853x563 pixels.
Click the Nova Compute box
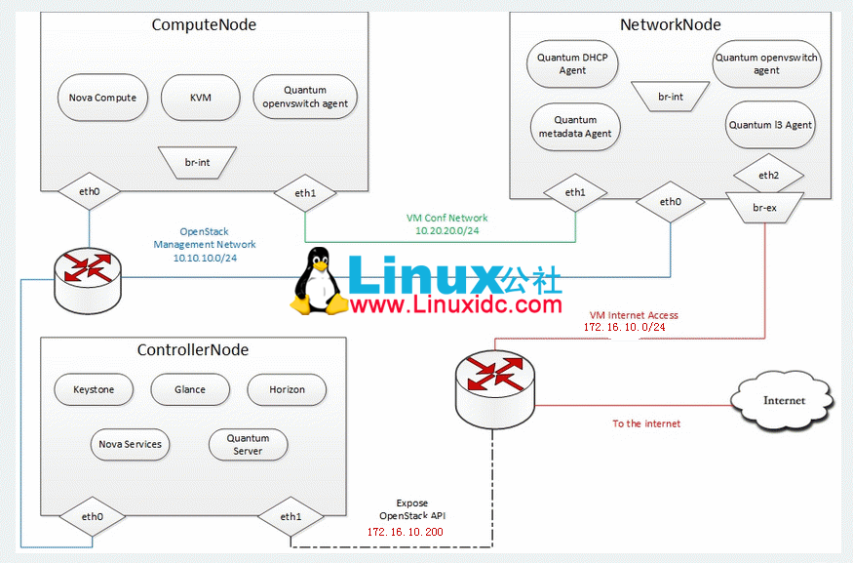pos(102,98)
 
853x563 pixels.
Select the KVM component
pos(200,98)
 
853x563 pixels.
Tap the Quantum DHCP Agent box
pos(572,64)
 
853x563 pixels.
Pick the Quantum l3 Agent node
pos(770,125)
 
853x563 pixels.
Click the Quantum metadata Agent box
pos(575,127)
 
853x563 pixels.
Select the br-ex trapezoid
pos(765,208)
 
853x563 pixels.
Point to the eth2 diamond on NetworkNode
pos(767,176)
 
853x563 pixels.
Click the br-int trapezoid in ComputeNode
pos(197,162)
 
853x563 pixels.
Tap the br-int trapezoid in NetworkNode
pos(671,97)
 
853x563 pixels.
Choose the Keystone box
pos(94,389)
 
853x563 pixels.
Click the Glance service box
pos(190,389)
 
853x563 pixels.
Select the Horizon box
pos(288,389)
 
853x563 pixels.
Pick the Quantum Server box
pos(248,445)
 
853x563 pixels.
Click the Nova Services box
pos(130,444)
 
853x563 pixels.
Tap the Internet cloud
pos(784,400)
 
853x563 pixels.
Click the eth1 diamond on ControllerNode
pos(291,517)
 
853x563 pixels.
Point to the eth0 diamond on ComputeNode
pos(89,192)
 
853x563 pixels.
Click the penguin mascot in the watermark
pos(318,282)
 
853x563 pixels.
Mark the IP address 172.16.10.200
pos(405,532)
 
